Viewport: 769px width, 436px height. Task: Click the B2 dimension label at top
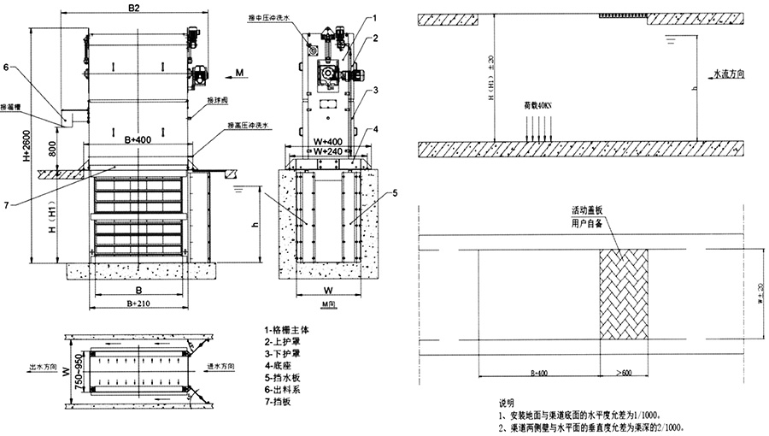coord(133,9)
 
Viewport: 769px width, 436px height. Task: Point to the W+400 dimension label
coord(328,141)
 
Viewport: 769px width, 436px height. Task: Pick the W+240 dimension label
coord(328,151)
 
